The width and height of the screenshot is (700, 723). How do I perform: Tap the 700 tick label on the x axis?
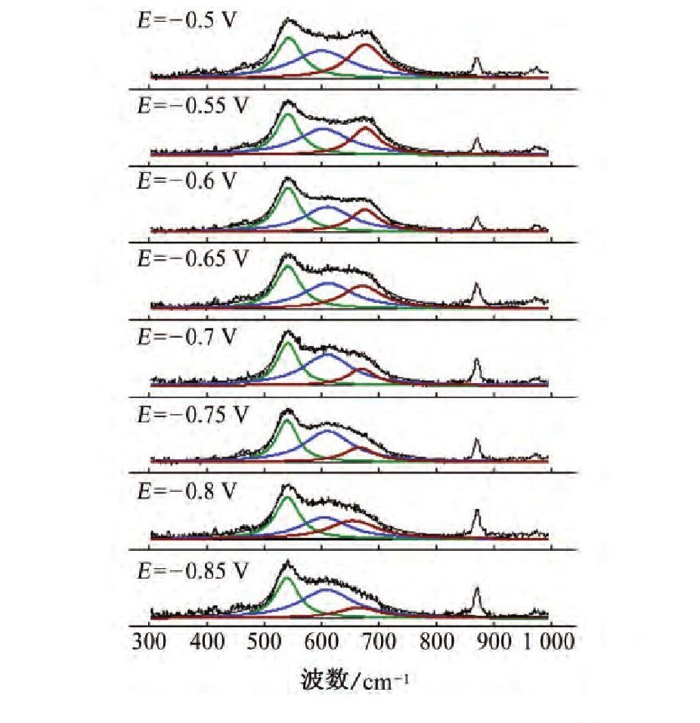[x=379, y=642]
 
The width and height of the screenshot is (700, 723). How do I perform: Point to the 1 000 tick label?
[x=549, y=642]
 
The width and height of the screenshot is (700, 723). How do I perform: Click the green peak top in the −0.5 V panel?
[x=287, y=37]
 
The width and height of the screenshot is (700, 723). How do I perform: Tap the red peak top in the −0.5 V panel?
[x=367, y=45]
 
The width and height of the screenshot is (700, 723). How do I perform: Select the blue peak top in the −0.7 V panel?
[x=327, y=354]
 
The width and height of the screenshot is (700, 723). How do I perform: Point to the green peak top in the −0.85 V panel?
[x=287, y=578]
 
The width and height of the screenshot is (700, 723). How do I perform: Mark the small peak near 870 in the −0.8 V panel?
[x=477, y=511]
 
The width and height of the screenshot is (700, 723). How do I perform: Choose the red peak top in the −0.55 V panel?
[x=366, y=128]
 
